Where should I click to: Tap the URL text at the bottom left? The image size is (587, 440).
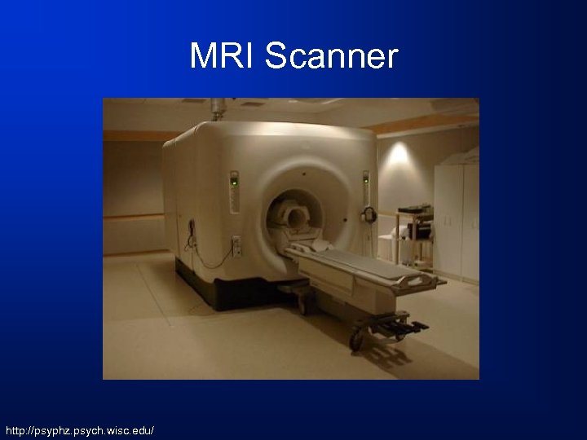pos(79,429)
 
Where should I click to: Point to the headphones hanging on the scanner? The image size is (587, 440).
pos(369,216)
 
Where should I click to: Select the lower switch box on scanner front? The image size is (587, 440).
pos(236,244)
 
